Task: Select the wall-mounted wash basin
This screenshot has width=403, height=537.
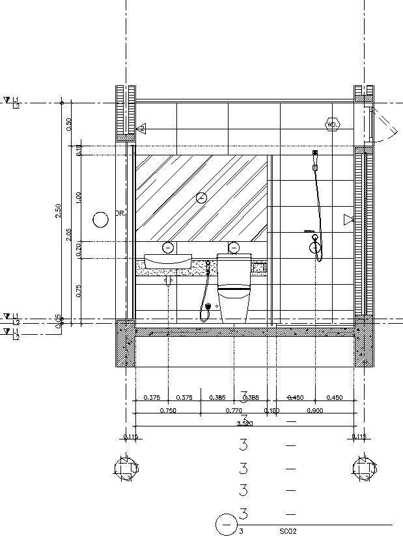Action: click(x=168, y=261)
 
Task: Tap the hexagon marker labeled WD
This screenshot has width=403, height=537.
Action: click(x=332, y=124)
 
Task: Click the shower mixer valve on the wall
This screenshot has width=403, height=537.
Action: click(x=315, y=246)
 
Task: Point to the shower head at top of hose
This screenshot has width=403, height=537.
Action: click(x=314, y=154)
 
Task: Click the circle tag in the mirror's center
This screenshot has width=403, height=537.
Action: click(x=201, y=198)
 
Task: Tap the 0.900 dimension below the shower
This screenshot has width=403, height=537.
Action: click(x=314, y=411)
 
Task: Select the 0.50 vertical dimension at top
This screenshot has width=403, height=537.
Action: click(x=69, y=124)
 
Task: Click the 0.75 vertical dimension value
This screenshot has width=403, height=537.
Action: click(x=78, y=291)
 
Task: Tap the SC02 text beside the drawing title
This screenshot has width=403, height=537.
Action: click(x=288, y=531)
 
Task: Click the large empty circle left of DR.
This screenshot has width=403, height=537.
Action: click(x=101, y=220)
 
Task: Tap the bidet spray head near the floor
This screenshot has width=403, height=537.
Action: click(x=207, y=306)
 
